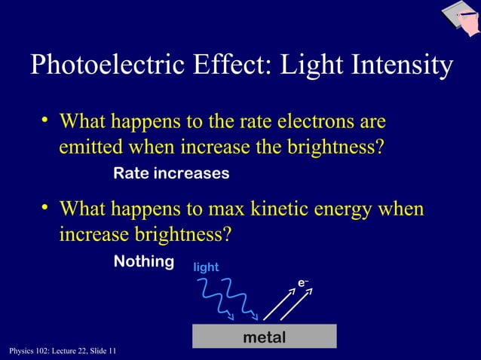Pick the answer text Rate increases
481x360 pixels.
pos(171,174)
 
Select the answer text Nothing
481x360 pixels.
pos(143,261)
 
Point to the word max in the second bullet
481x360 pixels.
pos(216,209)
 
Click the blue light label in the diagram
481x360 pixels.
pos(207,267)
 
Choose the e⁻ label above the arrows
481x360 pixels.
pos(302,282)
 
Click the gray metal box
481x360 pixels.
pos(264,337)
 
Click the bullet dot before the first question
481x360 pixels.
pos(45,121)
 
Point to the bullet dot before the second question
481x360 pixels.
pos(45,208)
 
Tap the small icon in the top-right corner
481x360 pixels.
pos(459,19)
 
